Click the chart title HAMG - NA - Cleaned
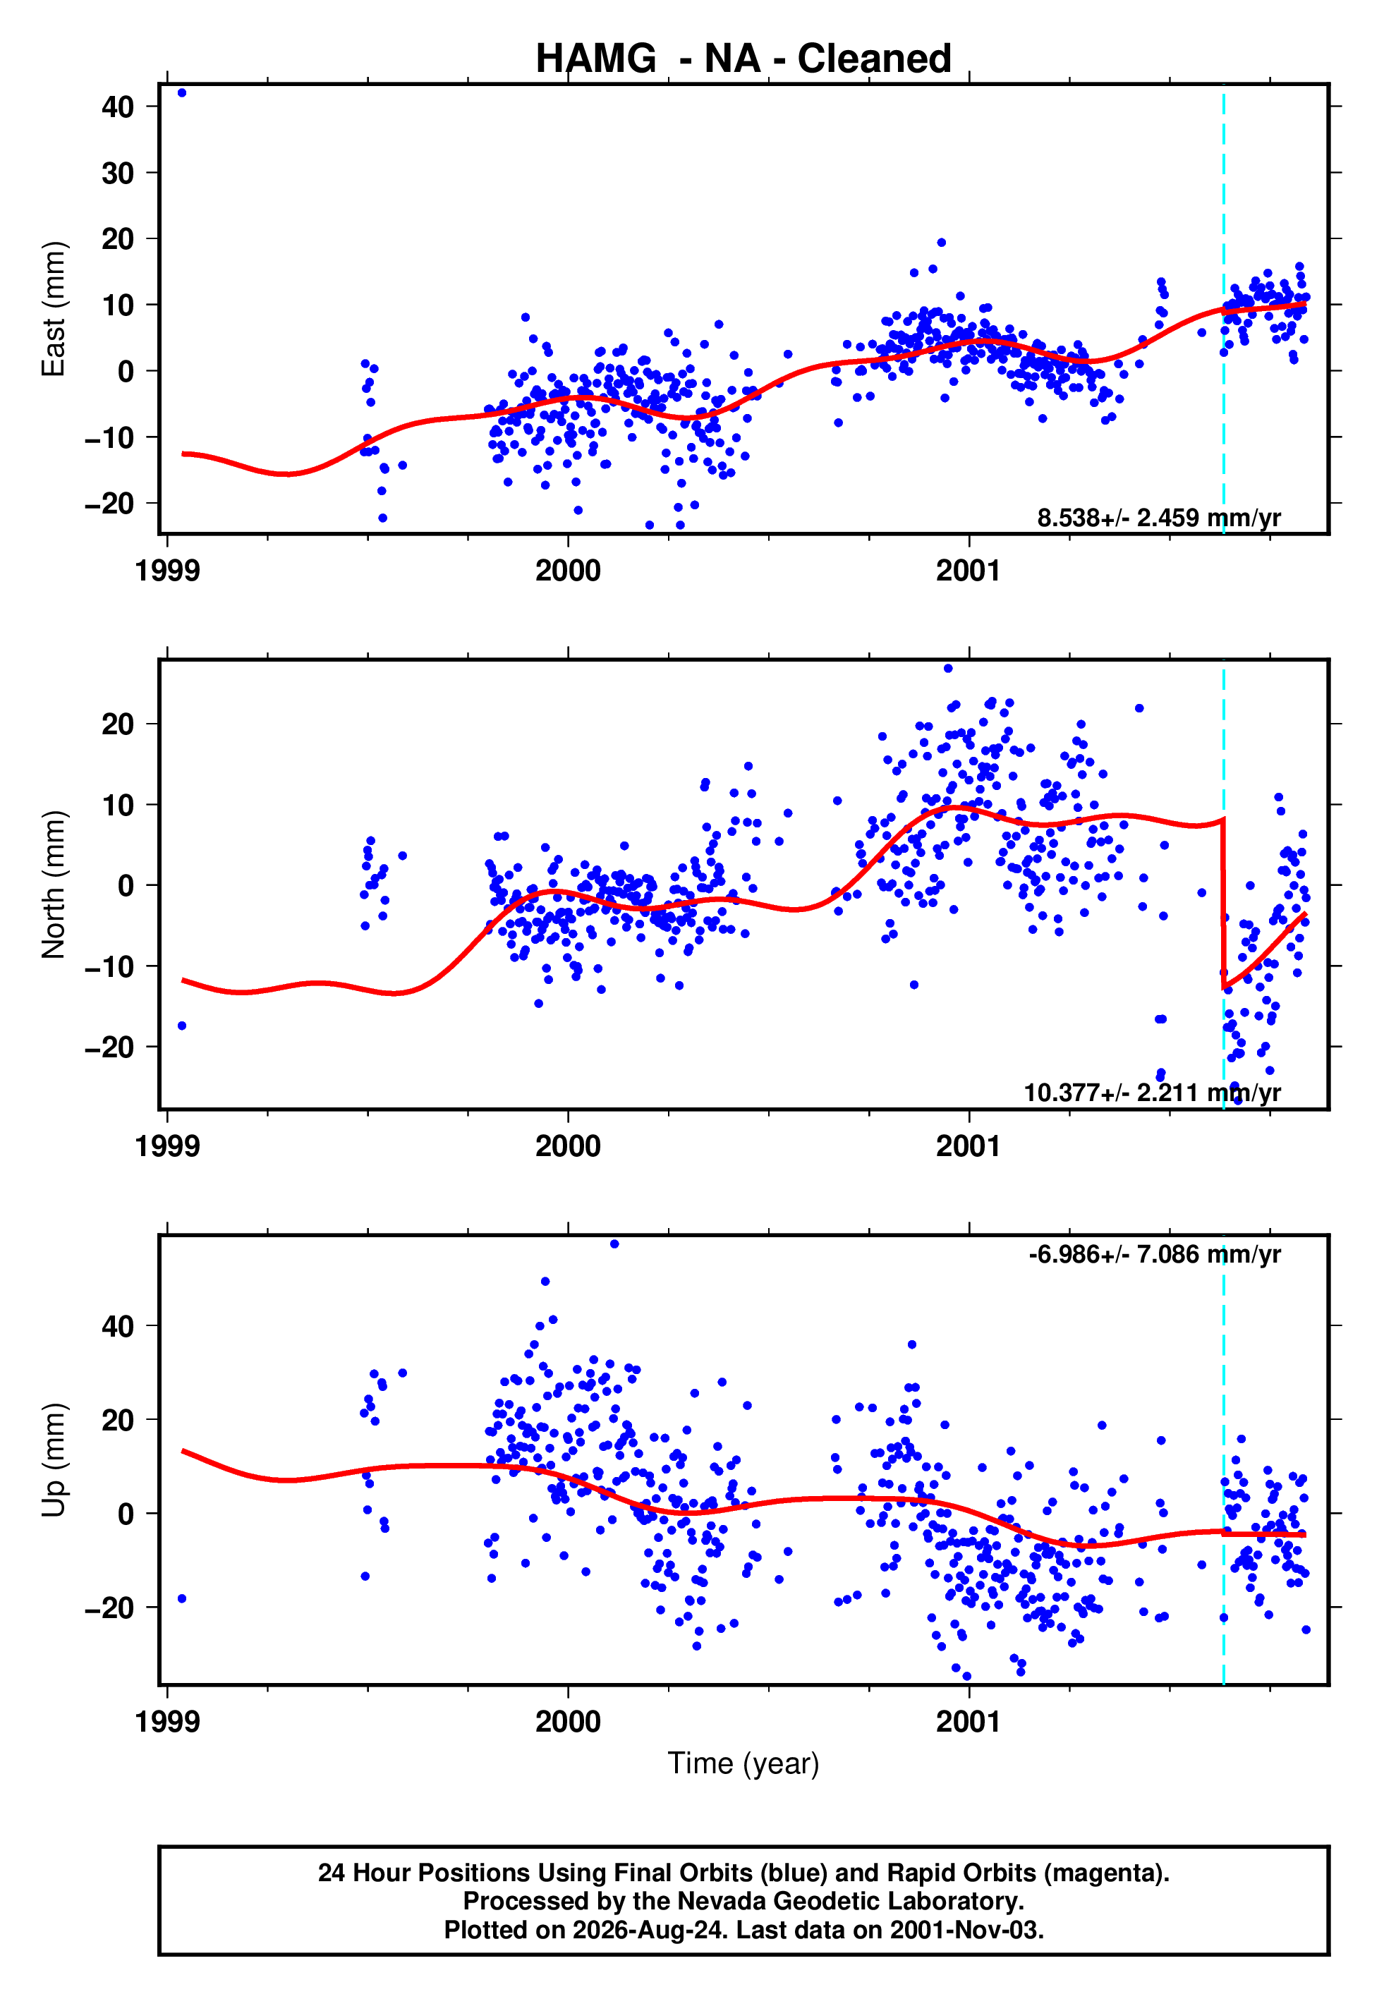coord(743,59)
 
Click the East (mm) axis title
coord(54,309)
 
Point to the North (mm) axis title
coord(54,885)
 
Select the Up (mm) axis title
coord(54,1460)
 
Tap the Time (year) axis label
coord(743,1764)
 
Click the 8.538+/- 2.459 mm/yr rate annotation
coord(1158,518)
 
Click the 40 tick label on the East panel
coord(118,107)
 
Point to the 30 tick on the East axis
coord(118,173)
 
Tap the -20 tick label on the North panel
coord(109,1047)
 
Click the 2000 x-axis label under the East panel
coord(568,571)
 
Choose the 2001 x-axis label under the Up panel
coord(969,1721)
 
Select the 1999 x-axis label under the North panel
coord(167,1146)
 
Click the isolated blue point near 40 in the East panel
coord(181,92)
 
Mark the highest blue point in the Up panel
coord(614,1244)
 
